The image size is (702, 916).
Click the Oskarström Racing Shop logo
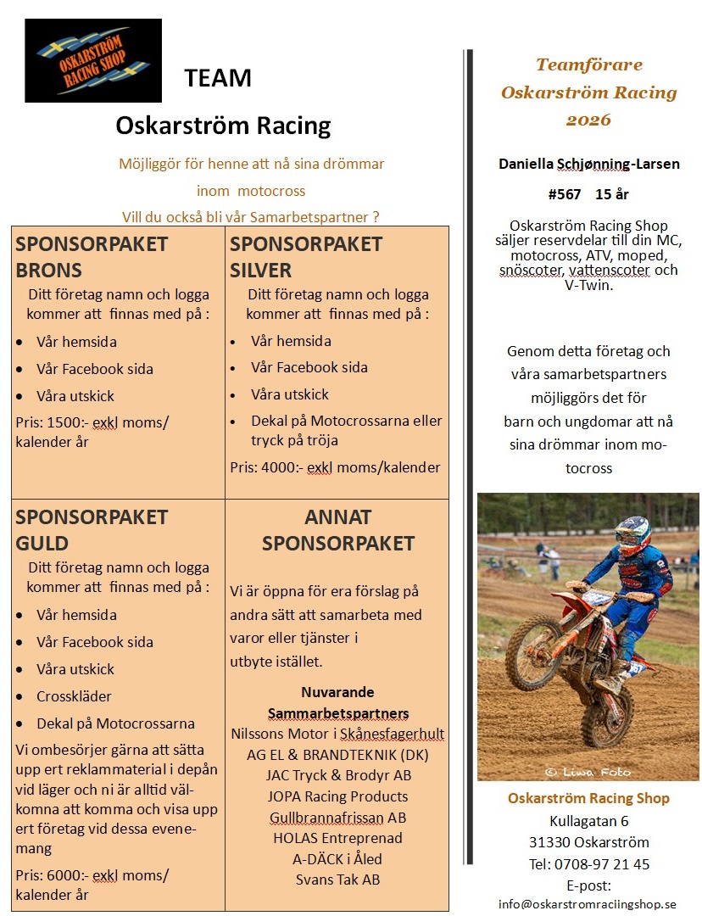click(x=93, y=60)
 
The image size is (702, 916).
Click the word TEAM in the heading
click(x=218, y=78)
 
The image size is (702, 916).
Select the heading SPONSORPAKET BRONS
click(x=92, y=257)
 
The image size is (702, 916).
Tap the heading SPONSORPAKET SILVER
click(x=305, y=257)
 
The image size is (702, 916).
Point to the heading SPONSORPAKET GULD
click(x=92, y=529)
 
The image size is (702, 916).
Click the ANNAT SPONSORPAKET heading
click(x=337, y=529)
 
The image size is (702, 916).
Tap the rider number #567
click(x=565, y=194)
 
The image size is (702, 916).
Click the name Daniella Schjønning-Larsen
click(x=588, y=164)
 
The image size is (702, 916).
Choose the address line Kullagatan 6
click(x=588, y=820)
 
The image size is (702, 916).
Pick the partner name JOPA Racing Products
click(x=337, y=796)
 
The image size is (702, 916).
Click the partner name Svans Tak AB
click(x=337, y=880)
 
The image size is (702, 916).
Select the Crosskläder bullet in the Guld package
click(x=74, y=696)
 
